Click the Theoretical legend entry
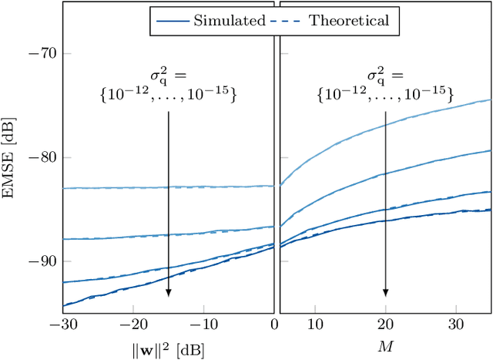point(348,21)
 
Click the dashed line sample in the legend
point(287,21)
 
